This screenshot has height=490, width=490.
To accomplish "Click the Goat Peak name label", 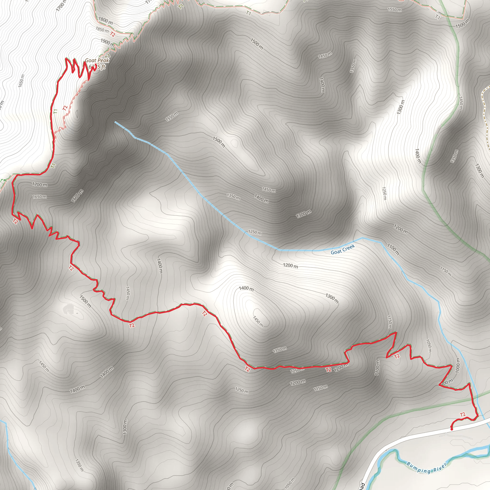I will (x=97, y=60).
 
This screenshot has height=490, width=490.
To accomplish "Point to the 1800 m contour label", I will (x=105, y=21).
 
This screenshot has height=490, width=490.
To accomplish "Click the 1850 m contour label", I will (x=102, y=30).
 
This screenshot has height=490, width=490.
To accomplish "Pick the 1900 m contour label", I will (x=107, y=42).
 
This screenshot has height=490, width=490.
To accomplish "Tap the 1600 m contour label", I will (x=77, y=196).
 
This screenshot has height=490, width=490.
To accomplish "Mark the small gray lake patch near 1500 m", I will (x=69, y=309).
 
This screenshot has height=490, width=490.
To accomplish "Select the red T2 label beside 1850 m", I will (x=113, y=34).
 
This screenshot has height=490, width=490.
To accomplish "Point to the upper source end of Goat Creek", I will (x=115, y=122).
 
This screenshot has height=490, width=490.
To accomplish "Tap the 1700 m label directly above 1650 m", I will (x=39, y=185).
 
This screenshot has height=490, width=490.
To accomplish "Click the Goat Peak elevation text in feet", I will (x=97, y=67).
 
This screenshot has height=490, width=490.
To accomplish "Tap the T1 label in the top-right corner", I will (x=438, y=17).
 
